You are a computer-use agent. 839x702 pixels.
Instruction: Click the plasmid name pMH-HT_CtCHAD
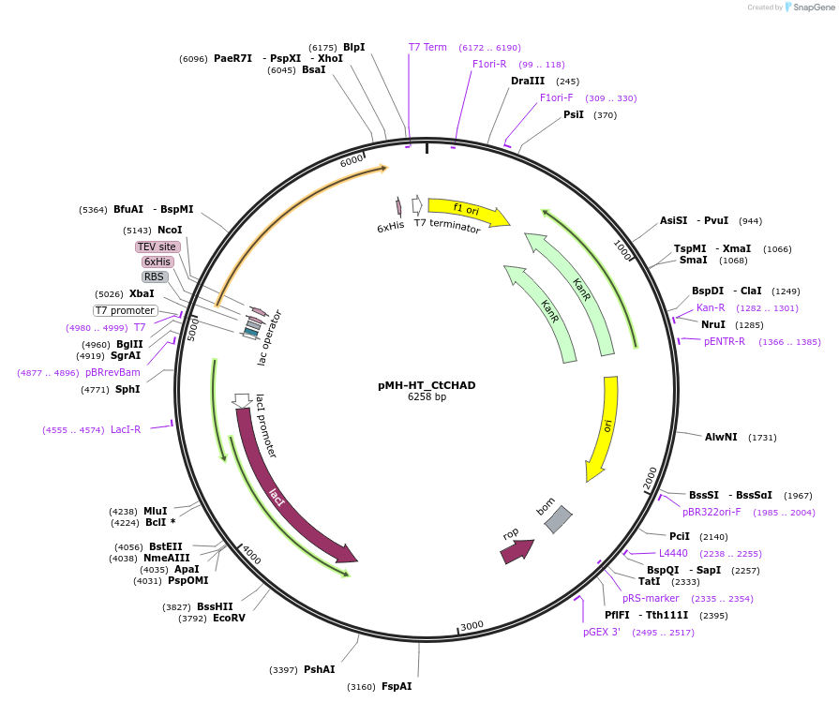click(x=427, y=385)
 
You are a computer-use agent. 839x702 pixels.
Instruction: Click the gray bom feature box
click(x=558, y=519)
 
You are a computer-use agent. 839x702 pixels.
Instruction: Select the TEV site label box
click(x=157, y=247)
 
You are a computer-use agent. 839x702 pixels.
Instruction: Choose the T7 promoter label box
click(x=125, y=311)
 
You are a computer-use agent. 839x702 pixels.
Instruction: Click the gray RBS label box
click(x=155, y=277)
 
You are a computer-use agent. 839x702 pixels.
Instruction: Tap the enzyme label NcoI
click(x=170, y=230)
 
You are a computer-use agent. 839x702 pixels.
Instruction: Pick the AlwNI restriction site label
click(x=721, y=437)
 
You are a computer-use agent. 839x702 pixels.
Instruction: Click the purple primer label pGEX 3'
click(x=601, y=633)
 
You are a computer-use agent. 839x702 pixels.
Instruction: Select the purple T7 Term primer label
click(x=427, y=47)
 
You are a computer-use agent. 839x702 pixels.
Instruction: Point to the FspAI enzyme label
click(x=397, y=687)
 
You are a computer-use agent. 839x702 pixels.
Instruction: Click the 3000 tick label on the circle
click(x=471, y=625)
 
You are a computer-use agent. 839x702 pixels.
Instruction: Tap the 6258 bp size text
click(x=427, y=397)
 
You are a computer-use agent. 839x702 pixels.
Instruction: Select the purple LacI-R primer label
click(x=126, y=430)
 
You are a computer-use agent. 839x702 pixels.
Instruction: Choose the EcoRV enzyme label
click(x=229, y=619)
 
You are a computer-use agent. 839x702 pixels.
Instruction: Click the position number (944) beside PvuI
click(x=750, y=221)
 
